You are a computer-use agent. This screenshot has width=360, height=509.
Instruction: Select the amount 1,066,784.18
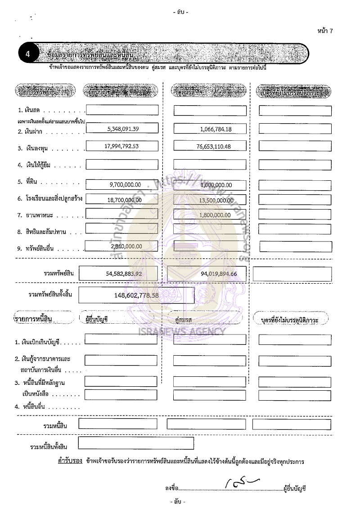[x=216, y=129]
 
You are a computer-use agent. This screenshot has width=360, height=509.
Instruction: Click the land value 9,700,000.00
[x=125, y=185]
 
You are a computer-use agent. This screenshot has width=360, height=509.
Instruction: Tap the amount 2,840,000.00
[x=126, y=246]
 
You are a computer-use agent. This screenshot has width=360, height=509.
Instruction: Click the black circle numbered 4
[x=28, y=54]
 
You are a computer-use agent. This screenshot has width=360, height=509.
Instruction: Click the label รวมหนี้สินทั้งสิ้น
[x=49, y=446]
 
